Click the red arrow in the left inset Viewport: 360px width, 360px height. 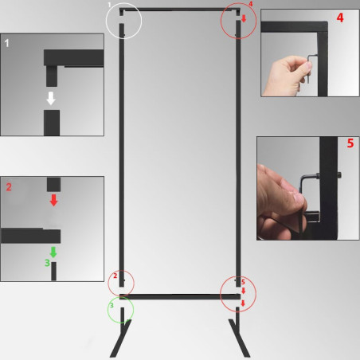(53, 199)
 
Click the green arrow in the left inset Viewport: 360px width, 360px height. (53, 252)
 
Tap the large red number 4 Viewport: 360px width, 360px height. (339, 17)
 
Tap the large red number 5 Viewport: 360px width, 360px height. (350, 144)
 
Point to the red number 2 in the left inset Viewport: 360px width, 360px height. (9, 187)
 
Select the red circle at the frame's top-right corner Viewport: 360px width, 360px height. (240, 21)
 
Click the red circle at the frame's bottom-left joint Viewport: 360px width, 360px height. (121, 281)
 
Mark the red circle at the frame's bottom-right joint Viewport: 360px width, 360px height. (238, 294)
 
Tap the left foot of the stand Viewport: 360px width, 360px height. (120, 339)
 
